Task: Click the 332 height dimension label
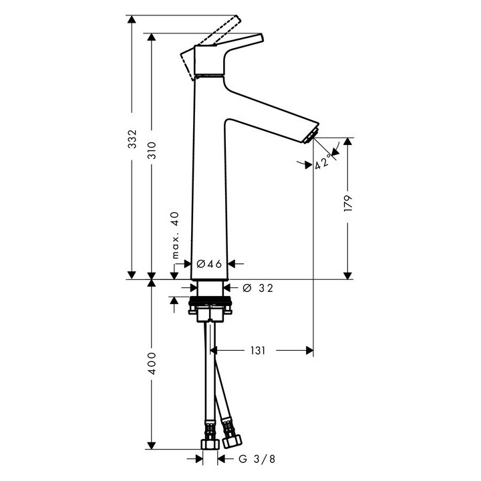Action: (132, 138)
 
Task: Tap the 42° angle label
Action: (323, 162)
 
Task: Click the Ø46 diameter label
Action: (209, 263)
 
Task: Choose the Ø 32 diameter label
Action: (258, 287)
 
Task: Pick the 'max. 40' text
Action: (175, 236)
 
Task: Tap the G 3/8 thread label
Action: (256, 459)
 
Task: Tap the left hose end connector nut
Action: (210, 444)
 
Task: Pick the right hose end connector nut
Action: (233, 440)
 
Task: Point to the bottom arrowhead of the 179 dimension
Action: (348, 274)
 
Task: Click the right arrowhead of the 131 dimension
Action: (308, 349)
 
